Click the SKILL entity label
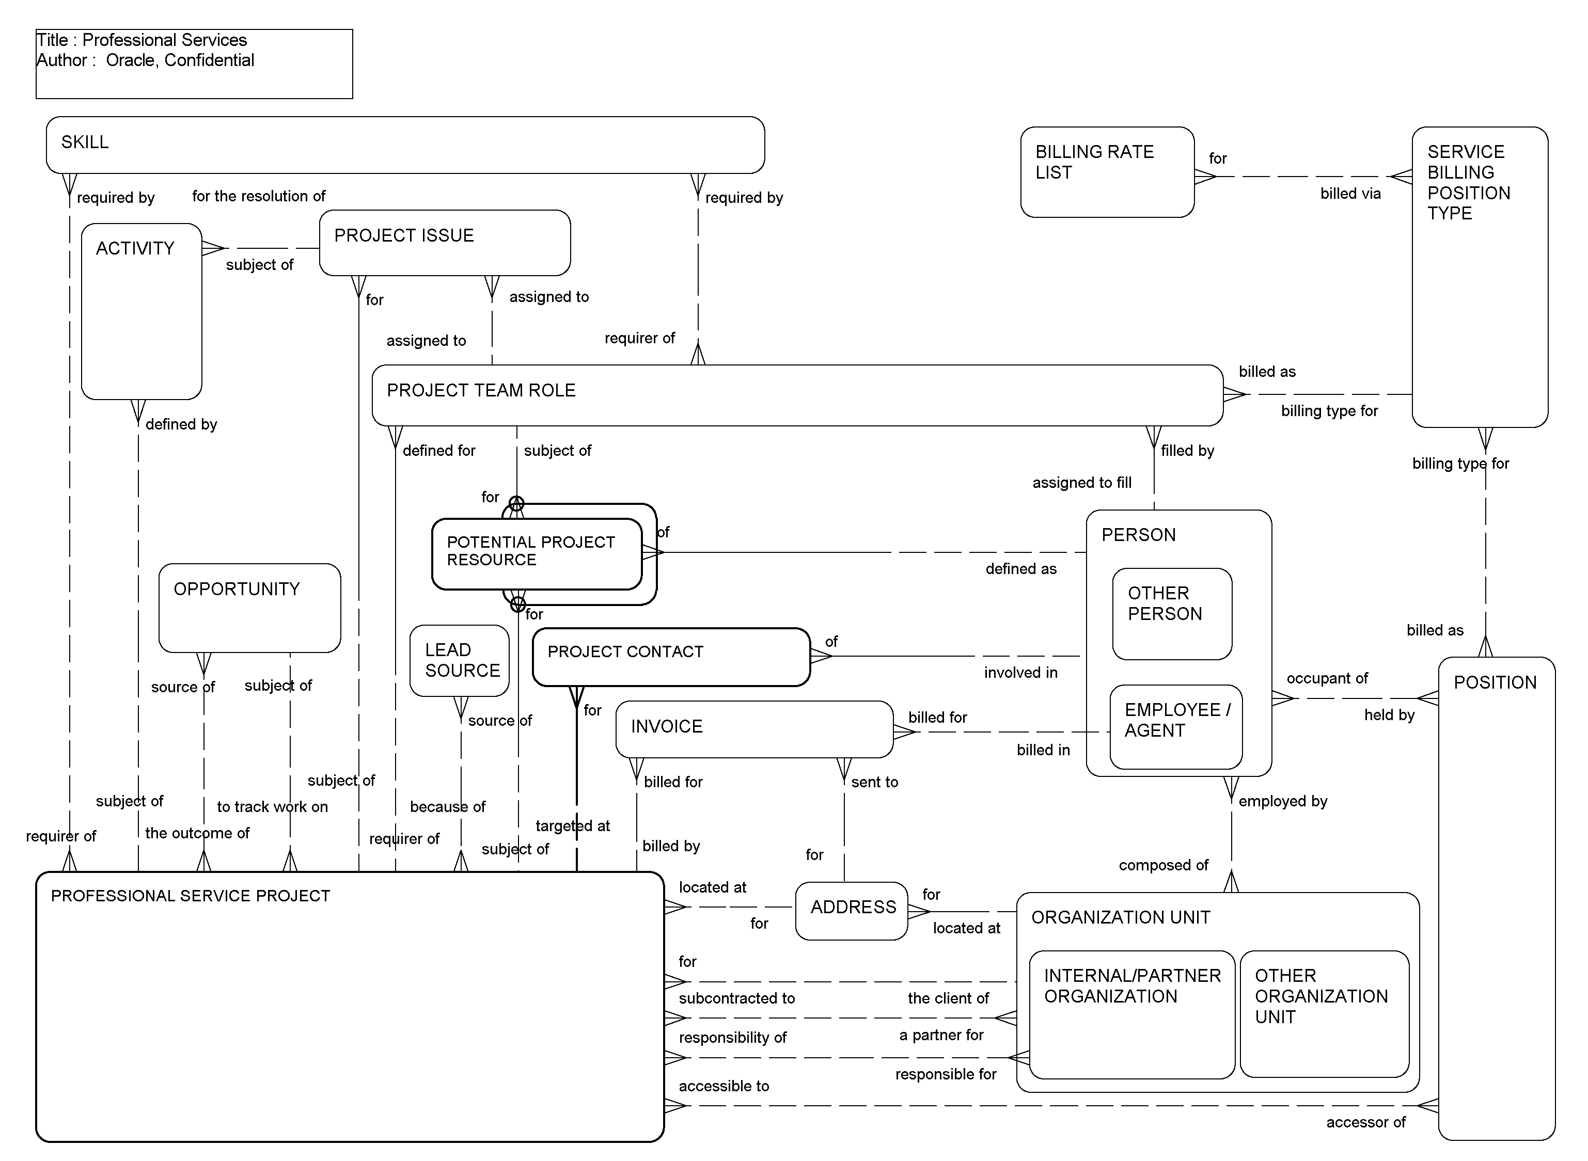(85, 142)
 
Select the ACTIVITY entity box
(141, 311)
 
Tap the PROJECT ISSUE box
(444, 243)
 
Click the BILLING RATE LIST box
(1107, 172)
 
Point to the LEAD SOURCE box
(459, 661)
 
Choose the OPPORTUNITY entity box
(249, 608)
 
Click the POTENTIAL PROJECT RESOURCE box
(537, 554)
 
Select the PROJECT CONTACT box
(671, 657)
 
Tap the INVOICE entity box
(753, 729)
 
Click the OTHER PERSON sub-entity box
(1172, 613)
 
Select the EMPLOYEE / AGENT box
(1175, 726)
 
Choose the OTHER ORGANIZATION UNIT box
(1324, 1013)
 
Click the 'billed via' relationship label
(1350, 194)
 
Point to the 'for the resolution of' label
(259, 196)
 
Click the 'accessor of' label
(1365, 1122)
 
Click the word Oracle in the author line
(130, 60)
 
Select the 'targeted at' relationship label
(572, 826)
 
